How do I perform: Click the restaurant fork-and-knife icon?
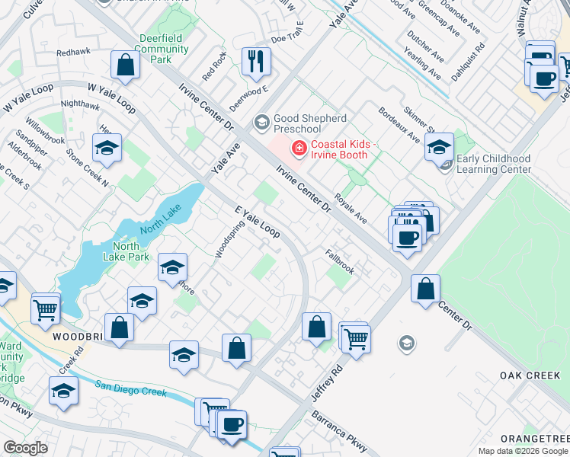pos(256,60)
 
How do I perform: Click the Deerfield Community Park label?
pos(164,49)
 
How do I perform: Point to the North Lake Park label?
pos(126,251)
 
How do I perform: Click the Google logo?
pos(25,448)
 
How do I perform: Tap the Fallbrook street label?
pos(340,261)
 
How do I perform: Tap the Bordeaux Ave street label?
pos(399,124)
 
